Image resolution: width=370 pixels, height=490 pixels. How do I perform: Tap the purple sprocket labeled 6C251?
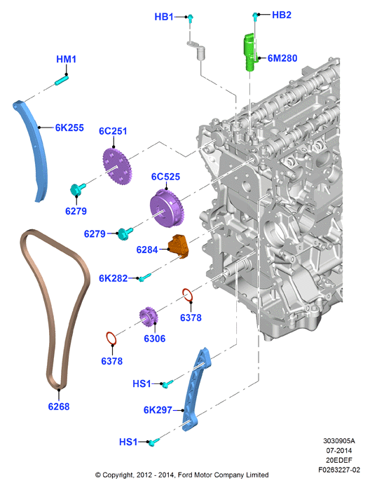117,166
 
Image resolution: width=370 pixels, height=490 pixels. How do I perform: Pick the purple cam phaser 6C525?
167,208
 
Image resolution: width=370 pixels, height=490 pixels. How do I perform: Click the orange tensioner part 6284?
179,246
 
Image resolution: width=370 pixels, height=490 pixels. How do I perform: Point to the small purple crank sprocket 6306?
149,317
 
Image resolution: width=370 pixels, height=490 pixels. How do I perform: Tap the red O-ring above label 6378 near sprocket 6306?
188,295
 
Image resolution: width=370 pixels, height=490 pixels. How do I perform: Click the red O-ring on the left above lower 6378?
111,339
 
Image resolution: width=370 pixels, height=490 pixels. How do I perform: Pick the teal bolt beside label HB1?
191,18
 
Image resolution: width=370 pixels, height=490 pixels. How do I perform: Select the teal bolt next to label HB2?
255,16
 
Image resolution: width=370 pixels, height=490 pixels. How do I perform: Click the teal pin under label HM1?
61,80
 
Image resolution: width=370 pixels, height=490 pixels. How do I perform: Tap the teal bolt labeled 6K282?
145,277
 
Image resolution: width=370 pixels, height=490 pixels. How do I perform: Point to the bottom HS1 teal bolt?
153,442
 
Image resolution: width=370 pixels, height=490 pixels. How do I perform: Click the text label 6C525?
165,177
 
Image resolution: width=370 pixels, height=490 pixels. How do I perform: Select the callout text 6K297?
158,409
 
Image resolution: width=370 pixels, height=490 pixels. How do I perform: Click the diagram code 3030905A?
339,441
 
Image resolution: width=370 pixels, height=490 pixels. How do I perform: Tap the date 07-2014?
339,450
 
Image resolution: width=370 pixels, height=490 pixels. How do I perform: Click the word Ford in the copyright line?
185,475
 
